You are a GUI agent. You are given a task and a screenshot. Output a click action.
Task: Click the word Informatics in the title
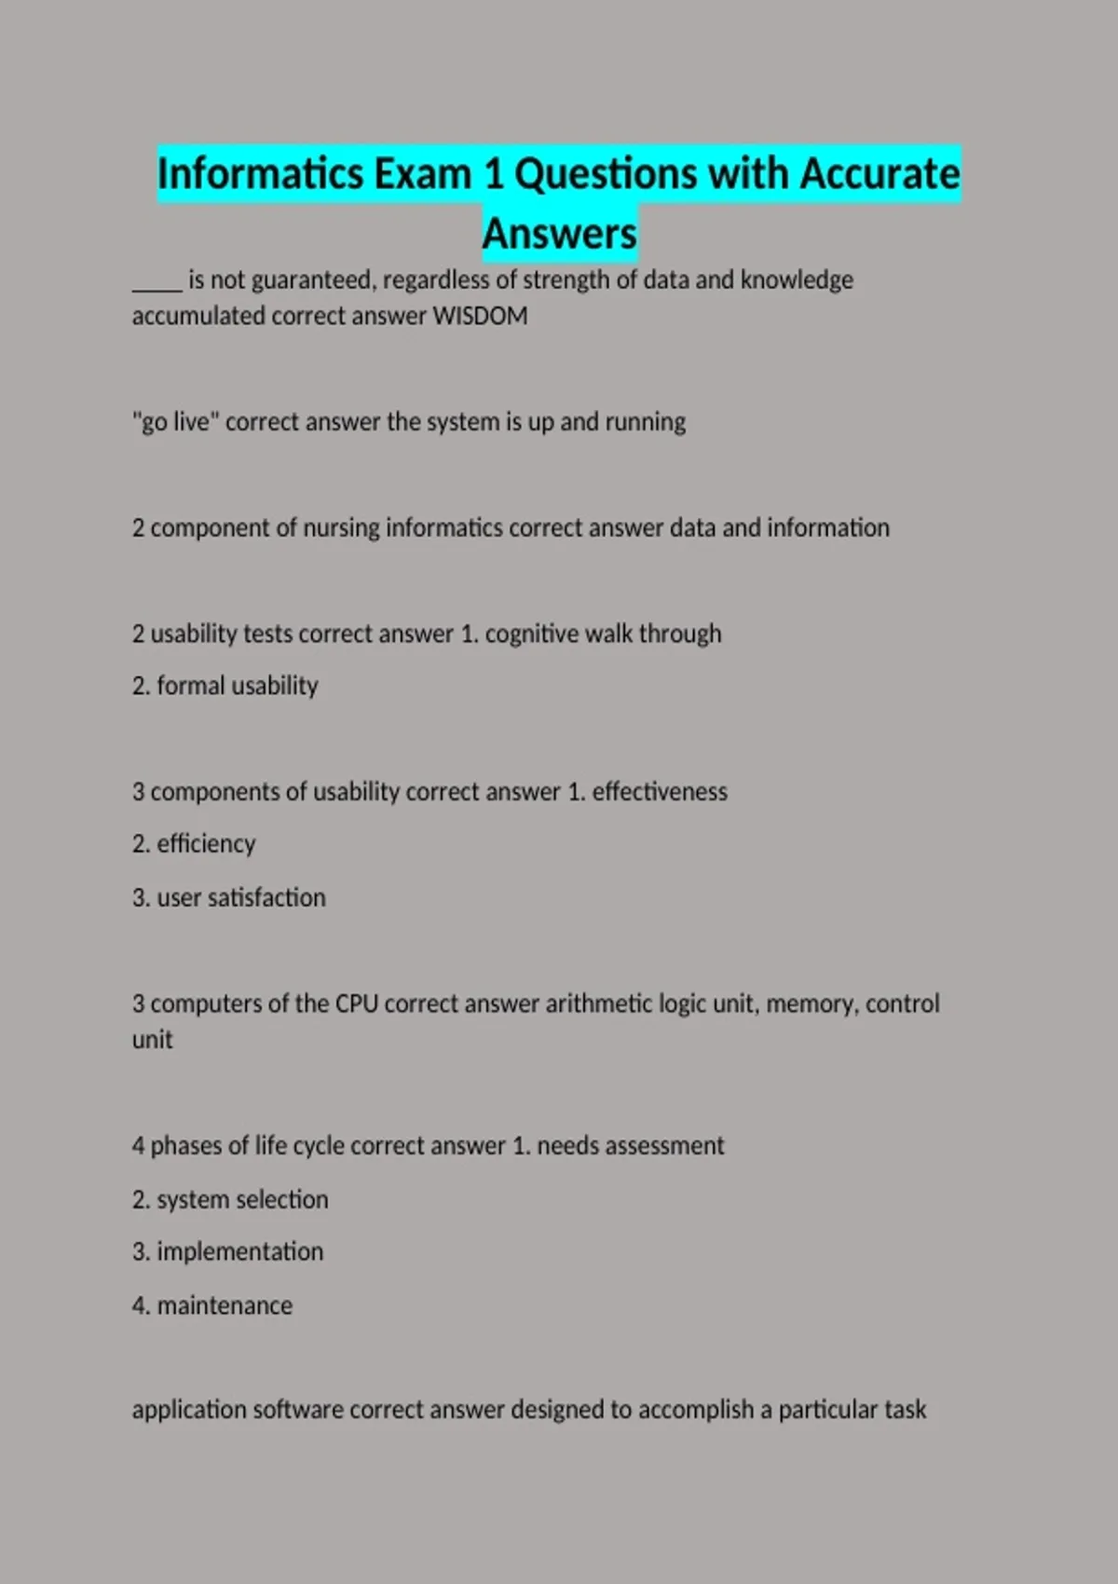[261, 174]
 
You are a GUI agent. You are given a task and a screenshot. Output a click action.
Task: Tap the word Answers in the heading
[559, 234]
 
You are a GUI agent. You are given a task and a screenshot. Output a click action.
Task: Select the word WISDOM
[480, 316]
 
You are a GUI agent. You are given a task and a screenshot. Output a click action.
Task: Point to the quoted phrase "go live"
[175, 422]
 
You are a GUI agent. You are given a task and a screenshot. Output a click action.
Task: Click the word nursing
[341, 528]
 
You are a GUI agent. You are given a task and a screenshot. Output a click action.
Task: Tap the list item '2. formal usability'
[225, 687]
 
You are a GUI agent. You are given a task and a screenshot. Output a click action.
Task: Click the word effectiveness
[660, 792]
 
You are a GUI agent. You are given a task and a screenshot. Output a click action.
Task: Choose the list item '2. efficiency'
[194, 844]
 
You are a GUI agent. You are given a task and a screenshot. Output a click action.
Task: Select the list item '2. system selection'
[230, 1200]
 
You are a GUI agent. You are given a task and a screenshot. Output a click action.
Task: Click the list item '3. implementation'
[227, 1252]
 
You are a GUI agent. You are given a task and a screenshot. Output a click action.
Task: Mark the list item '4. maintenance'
[212, 1306]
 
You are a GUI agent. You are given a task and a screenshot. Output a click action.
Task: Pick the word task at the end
[905, 1410]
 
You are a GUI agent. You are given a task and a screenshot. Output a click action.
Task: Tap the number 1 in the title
[493, 174]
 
